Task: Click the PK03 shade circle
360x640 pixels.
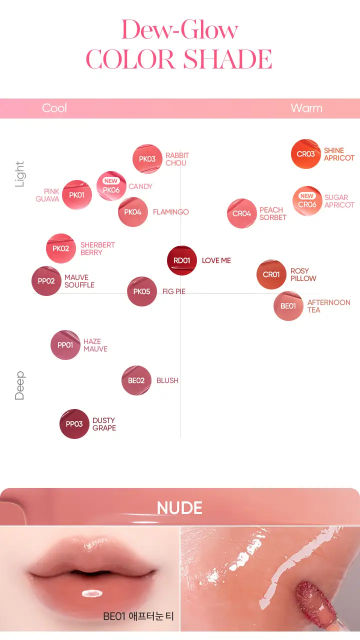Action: click(x=147, y=159)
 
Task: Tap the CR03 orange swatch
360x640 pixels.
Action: click(x=305, y=154)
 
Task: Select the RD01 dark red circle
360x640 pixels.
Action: click(x=181, y=260)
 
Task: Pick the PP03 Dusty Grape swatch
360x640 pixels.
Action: click(x=74, y=423)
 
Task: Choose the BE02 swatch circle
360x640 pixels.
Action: click(x=136, y=380)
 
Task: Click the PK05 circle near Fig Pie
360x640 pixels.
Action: click(x=141, y=291)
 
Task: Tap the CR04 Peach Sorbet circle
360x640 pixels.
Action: click(x=241, y=213)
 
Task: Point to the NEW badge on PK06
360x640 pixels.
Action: click(x=111, y=181)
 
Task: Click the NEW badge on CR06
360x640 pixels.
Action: click(x=307, y=196)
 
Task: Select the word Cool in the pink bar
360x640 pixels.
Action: click(x=54, y=108)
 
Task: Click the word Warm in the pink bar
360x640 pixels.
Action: click(x=306, y=108)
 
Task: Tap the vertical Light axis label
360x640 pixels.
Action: click(x=19, y=174)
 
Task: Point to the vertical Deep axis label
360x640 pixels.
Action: click(x=19, y=385)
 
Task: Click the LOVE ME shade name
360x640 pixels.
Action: click(x=216, y=260)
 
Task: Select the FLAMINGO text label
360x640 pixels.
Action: click(x=171, y=212)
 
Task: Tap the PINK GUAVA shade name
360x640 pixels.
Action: click(x=47, y=195)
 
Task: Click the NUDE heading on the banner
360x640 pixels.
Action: click(x=179, y=507)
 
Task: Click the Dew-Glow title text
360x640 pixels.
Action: click(x=179, y=29)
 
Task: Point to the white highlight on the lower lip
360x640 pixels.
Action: click(x=92, y=593)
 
